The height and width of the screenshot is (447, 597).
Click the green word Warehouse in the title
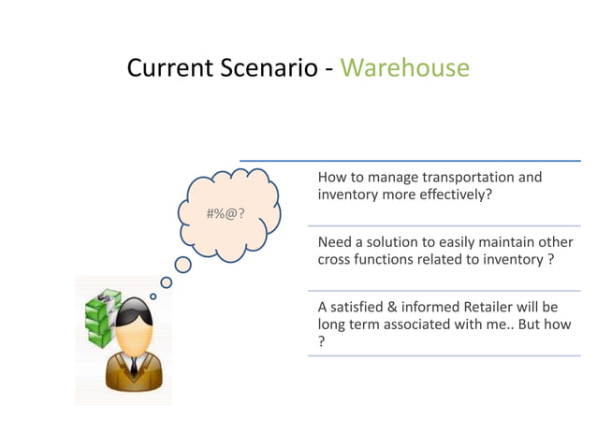pos(404,68)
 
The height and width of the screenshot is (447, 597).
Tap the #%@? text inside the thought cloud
pos(226,214)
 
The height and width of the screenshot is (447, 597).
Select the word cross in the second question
pos(335,260)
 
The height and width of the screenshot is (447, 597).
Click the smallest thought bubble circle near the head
pos(153,296)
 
